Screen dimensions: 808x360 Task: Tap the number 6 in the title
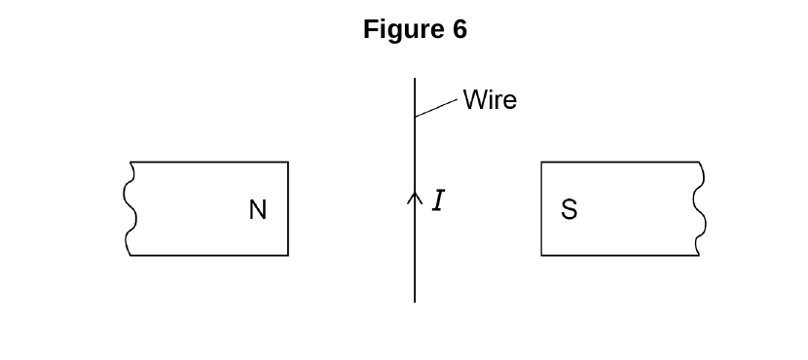pyautogui.click(x=460, y=29)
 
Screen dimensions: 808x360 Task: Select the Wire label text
pyautogui.click(x=490, y=99)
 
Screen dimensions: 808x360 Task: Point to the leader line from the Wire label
pyautogui.click(x=436, y=108)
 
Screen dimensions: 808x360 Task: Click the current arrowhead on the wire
pyautogui.click(x=415, y=198)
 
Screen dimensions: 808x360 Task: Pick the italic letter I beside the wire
pyautogui.click(x=438, y=200)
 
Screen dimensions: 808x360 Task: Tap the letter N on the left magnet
pyautogui.click(x=258, y=210)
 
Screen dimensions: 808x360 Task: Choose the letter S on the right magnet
pyautogui.click(x=569, y=209)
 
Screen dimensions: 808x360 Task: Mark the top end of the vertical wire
pyautogui.click(x=415, y=79)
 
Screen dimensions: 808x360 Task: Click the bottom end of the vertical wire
pyautogui.click(x=415, y=302)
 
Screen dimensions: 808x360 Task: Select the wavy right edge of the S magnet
pyautogui.click(x=700, y=208)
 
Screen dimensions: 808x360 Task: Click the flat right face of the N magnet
pyautogui.click(x=288, y=208)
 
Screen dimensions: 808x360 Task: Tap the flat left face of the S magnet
pyautogui.click(x=541, y=208)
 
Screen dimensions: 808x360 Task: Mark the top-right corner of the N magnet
pyautogui.click(x=288, y=162)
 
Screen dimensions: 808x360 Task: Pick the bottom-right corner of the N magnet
pyautogui.click(x=288, y=255)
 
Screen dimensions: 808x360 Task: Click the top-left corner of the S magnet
pyautogui.click(x=541, y=162)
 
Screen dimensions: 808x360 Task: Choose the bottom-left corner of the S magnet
pyautogui.click(x=541, y=255)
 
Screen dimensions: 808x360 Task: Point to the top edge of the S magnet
pyautogui.click(x=620, y=162)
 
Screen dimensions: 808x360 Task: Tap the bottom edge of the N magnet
pyautogui.click(x=208, y=255)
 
